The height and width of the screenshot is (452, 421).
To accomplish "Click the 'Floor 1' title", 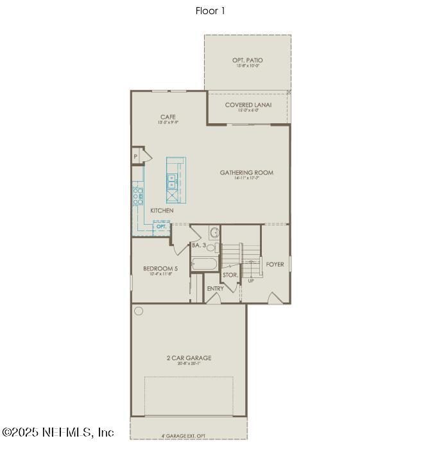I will pos(210,11).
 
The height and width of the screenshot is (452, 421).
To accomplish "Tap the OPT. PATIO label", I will pos(247,61).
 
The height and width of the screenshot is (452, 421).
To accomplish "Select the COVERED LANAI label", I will pos(248,105).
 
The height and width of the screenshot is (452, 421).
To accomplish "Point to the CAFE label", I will pos(168,117).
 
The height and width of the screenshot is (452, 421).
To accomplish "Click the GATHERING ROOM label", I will pos(246,172).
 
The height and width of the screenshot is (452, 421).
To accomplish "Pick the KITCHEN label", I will pos(162,211).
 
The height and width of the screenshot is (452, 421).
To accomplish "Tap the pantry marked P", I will pos(136,157).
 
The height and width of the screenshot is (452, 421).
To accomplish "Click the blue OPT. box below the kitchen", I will pos(162,227).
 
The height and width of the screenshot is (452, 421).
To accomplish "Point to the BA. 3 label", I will pos(198,245).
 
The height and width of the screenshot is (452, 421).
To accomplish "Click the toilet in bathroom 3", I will pos(214,232).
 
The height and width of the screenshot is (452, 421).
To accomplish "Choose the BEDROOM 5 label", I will pos(157,268).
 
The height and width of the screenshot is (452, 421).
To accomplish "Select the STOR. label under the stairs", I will pos(230,275).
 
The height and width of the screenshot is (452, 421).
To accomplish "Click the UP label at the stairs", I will pos(251,281).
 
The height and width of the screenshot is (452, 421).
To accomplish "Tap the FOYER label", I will pos(275,264).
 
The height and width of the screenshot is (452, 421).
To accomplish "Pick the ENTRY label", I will pos(216,288).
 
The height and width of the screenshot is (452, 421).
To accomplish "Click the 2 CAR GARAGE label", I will pos(188,358).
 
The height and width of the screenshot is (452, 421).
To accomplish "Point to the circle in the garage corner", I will pos(139,311).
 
